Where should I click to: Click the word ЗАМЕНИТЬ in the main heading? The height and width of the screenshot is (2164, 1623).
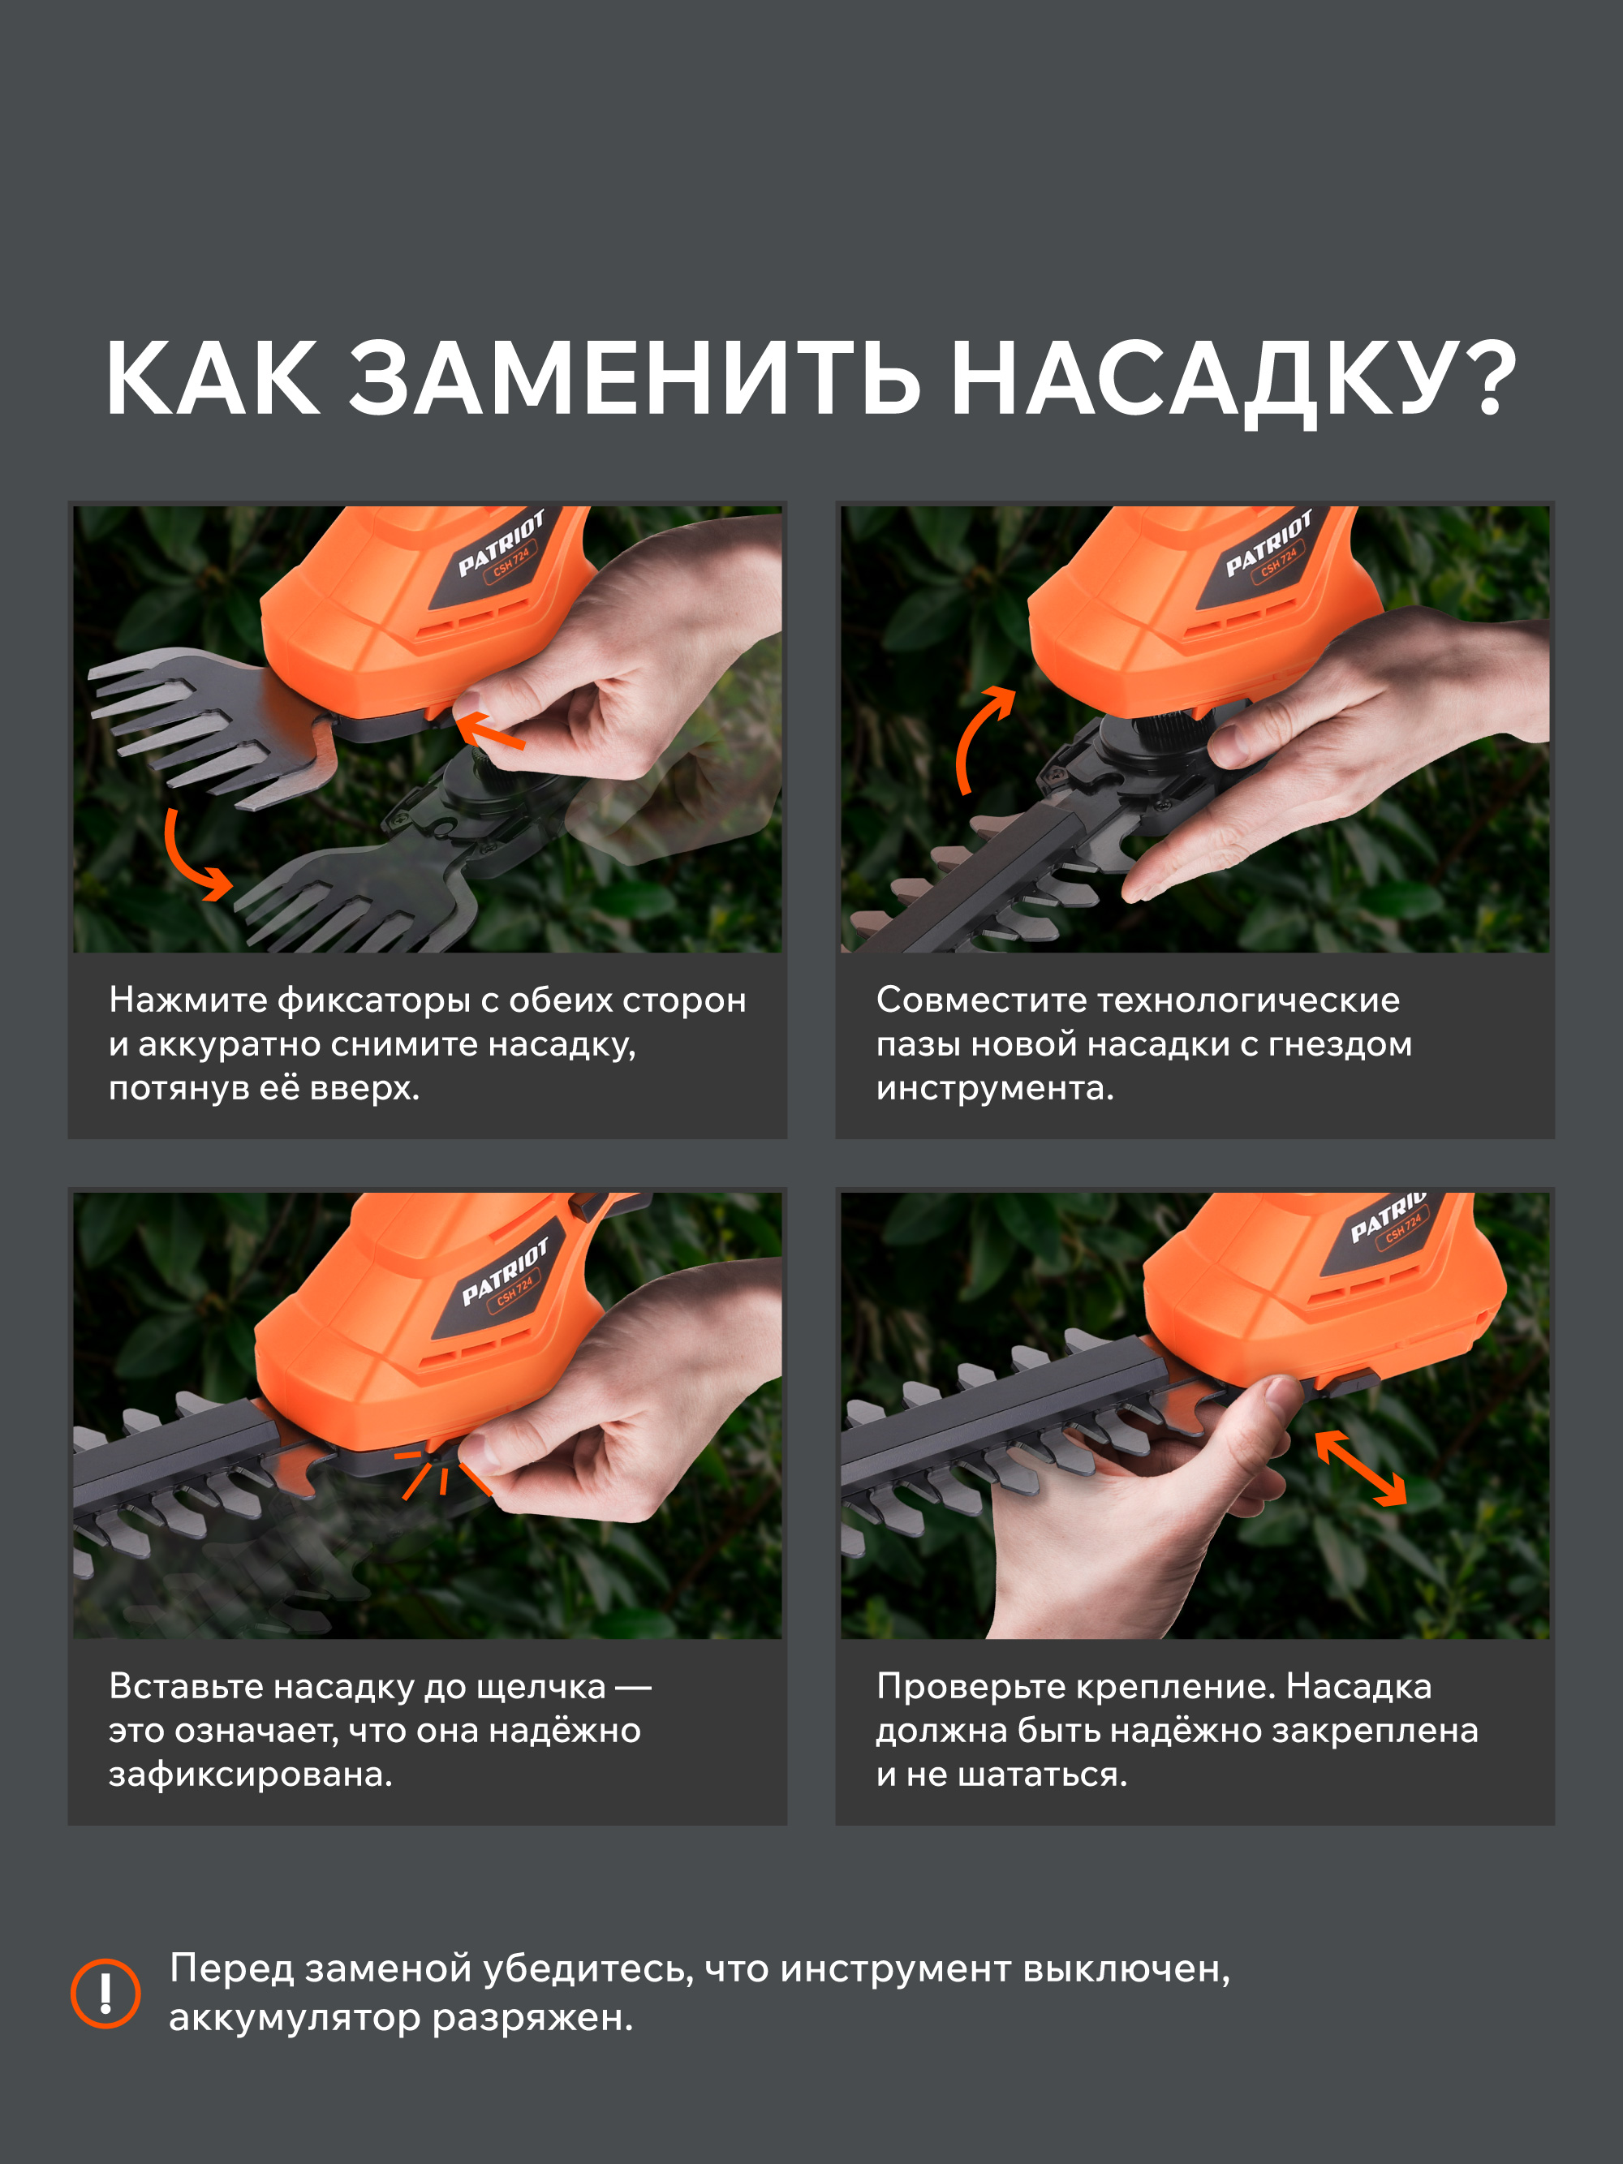coord(635,380)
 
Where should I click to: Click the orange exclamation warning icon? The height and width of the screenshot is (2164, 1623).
coord(105,1993)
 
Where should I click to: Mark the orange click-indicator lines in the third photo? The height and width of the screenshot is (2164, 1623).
coord(441,1473)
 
